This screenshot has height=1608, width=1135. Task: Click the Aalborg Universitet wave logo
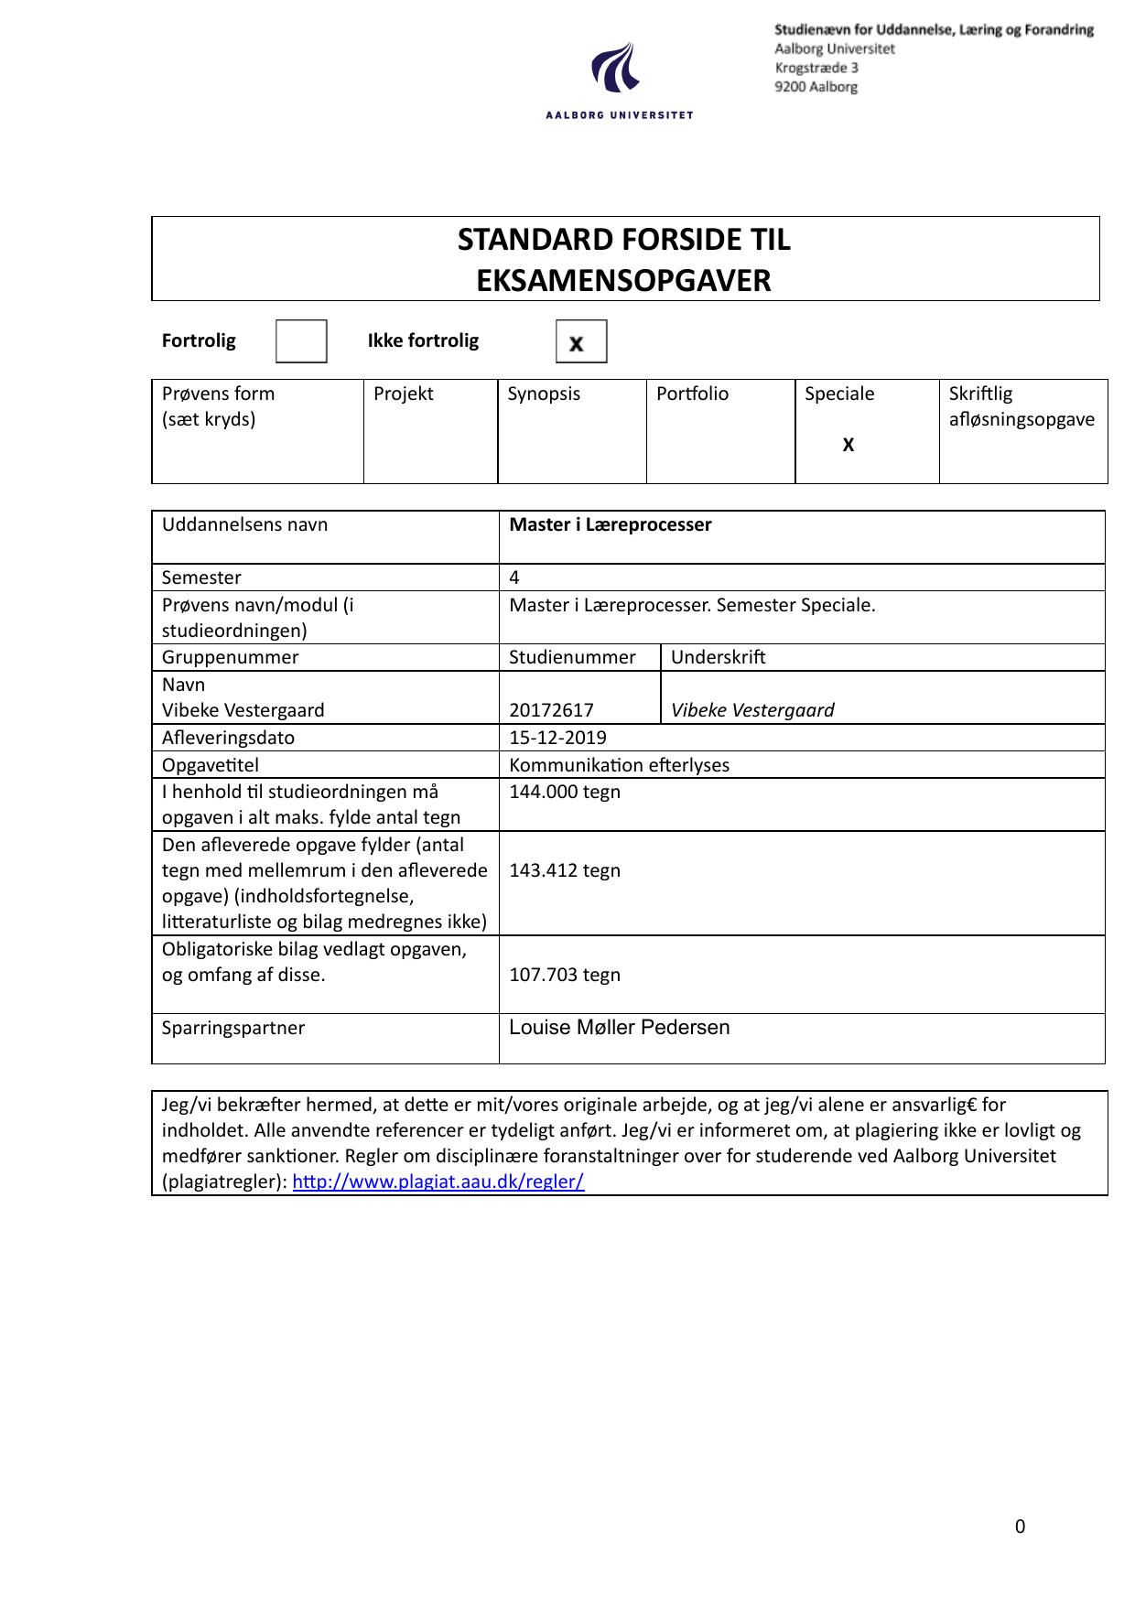(615, 68)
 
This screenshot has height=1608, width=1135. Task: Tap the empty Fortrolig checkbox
(301, 341)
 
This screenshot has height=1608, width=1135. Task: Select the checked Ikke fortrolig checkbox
(580, 342)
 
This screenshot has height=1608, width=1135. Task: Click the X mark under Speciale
(849, 445)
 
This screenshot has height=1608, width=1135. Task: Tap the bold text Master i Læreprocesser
(611, 524)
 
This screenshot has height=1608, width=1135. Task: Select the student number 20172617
(551, 710)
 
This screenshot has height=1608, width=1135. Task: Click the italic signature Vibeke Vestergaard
(752, 710)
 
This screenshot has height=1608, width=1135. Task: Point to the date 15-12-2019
(557, 738)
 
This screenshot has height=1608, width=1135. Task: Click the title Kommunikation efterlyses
(619, 765)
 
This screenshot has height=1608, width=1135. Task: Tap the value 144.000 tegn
(565, 792)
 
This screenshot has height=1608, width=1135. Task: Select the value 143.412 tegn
(565, 870)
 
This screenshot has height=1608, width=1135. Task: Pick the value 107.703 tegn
(565, 975)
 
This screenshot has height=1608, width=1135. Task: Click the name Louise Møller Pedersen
(619, 1028)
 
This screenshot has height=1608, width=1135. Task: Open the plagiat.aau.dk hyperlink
(438, 1182)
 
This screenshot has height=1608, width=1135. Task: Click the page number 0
(1020, 1527)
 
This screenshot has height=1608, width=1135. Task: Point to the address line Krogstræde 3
(816, 68)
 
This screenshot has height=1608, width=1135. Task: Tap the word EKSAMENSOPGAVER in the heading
(623, 280)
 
